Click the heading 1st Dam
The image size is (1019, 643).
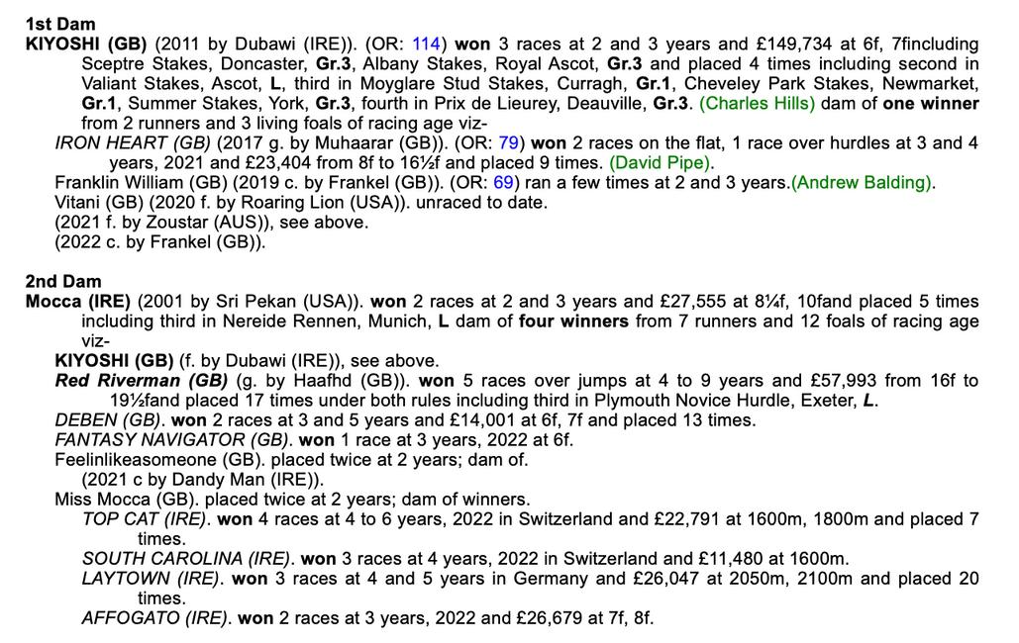tap(60, 24)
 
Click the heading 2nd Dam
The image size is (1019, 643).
tap(62, 282)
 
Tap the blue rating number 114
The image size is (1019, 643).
tap(425, 44)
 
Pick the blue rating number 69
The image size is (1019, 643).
tap(503, 183)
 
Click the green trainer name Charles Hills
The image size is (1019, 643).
tap(760, 104)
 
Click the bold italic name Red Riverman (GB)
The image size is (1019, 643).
tap(142, 381)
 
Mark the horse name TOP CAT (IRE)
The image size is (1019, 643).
tap(145, 519)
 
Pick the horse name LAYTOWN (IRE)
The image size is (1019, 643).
tap(151, 579)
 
